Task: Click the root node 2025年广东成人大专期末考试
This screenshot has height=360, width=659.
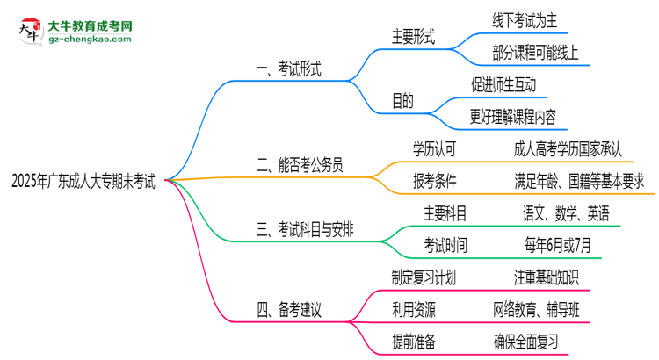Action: point(83,181)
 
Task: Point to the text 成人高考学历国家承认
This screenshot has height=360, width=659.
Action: point(568,148)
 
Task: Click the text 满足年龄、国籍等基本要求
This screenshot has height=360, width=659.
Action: point(579,180)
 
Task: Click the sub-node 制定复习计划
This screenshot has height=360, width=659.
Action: point(424,277)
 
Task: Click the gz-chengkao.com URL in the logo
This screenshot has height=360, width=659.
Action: point(85,40)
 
